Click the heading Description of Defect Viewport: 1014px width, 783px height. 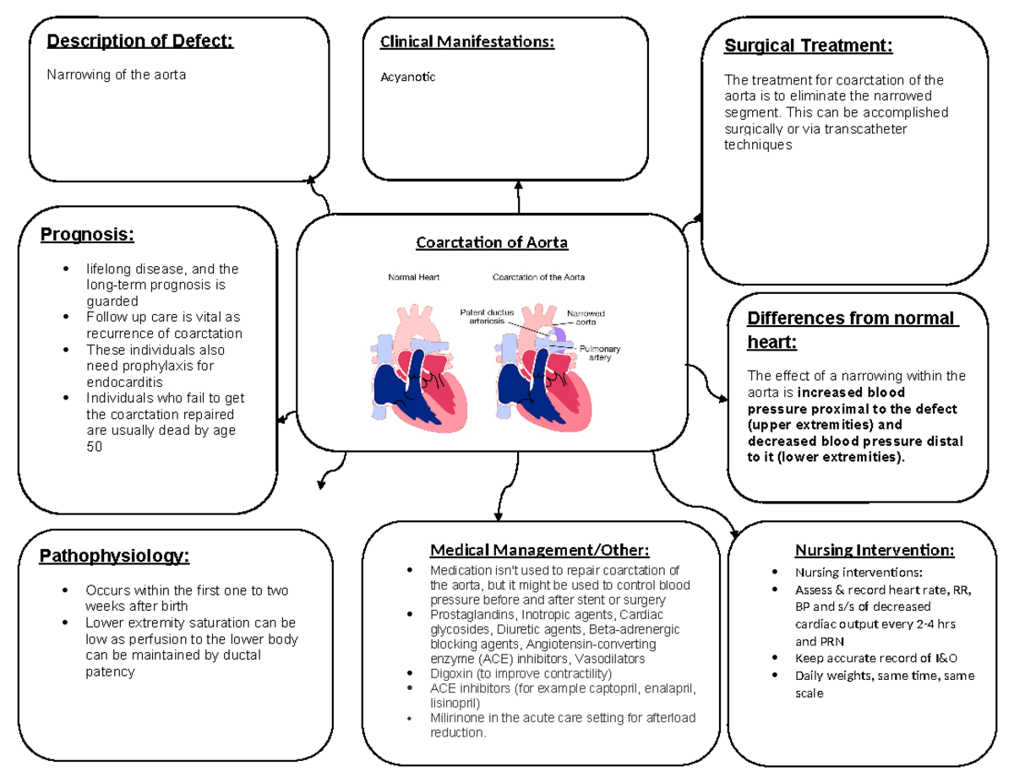tap(140, 41)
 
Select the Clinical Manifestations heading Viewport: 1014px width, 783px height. tap(467, 41)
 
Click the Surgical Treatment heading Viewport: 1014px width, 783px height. tap(808, 46)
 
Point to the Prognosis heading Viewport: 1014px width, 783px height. tap(87, 234)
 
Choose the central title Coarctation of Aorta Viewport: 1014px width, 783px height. tap(492, 243)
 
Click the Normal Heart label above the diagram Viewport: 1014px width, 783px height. tap(413, 277)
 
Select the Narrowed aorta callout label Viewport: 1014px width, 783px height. tap(586, 318)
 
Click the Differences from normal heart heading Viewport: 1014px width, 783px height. tap(853, 330)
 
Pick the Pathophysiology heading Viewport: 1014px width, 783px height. tap(114, 556)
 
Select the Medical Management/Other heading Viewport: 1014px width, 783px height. tap(540, 551)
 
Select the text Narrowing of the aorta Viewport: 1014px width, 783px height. tap(117, 74)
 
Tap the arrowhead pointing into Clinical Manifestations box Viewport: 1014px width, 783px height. tap(518, 187)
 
